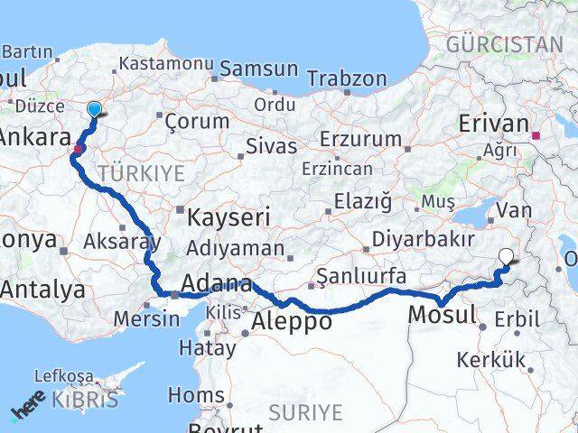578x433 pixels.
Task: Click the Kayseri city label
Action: pos(228,217)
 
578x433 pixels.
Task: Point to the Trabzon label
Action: pos(347,78)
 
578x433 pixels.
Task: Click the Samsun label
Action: pos(258,69)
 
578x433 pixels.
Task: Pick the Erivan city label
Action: pos(493,122)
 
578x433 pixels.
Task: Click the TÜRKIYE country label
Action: pos(142,171)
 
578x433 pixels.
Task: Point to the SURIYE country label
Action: pos(305,412)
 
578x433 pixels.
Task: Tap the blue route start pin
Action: pos(94,110)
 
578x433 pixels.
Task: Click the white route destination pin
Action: pos(507,257)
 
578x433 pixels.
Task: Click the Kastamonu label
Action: pos(166,65)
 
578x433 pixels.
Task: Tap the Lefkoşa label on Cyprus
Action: pos(63,376)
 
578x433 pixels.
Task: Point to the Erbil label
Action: pos(516,318)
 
